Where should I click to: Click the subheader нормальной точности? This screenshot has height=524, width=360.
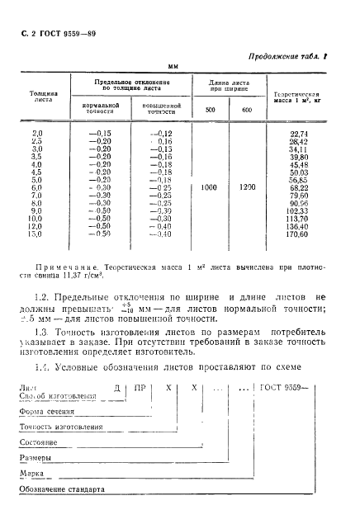click(102, 109)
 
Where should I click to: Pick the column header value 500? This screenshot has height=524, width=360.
click(210, 111)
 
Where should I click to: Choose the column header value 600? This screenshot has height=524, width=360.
click(247, 111)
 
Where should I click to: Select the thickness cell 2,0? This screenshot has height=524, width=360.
click(37, 134)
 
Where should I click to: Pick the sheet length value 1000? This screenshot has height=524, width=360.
click(210, 187)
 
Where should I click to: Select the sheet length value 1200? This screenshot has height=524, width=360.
click(247, 187)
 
